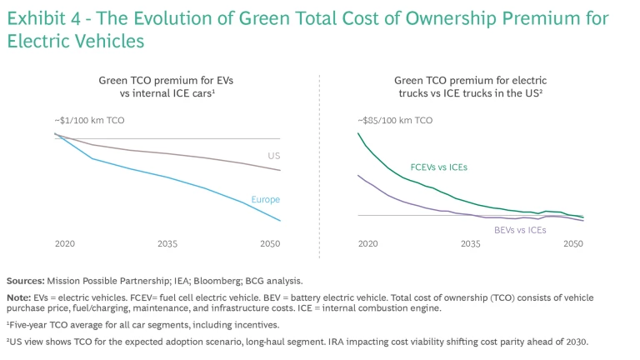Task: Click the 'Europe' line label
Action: [x=266, y=200]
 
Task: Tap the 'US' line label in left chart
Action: [x=273, y=156]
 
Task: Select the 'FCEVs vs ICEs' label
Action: [x=439, y=167]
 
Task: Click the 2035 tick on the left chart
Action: [x=167, y=244]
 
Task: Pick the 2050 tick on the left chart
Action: [x=269, y=244]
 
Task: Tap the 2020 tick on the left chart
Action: [x=66, y=244]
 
